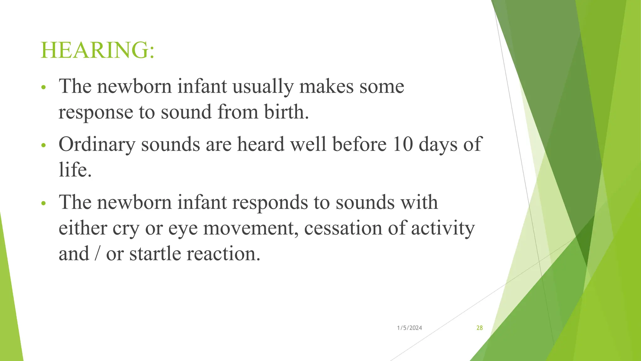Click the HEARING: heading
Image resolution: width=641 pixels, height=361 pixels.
tap(97, 50)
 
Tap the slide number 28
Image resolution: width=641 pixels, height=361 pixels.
tap(479, 328)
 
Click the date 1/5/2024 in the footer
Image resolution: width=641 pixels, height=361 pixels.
tap(409, 328)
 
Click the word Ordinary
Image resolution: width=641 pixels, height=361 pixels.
tap(97, 145)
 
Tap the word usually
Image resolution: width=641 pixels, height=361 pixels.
tap(263, 87)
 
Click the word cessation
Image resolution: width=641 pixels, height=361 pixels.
tap(343, 228)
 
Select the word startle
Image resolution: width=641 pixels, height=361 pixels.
tap(155, 254)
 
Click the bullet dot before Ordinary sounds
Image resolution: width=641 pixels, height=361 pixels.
tap(44, 145)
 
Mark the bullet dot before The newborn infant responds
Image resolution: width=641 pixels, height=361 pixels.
tap(44, 204)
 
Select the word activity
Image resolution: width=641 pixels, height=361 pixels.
tap(443, 228)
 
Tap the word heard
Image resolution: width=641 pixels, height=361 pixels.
tap(260, 144)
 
